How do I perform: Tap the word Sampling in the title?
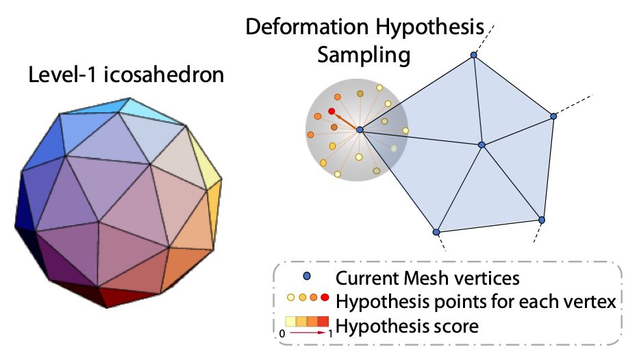coord(364,55)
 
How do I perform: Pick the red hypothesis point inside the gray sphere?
coord(332,111)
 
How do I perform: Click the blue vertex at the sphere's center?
coord(360,130)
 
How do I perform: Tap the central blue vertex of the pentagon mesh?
coord(482,145)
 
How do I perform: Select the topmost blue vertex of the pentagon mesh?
coord(473,55)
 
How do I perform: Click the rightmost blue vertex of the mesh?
coord(553,116)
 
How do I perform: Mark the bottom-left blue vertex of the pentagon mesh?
coord(436,232)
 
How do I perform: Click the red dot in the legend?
coord(325,298)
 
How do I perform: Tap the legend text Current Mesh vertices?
coord(427,279)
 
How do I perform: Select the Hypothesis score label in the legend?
coord(403,326)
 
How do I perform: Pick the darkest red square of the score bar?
coord(325,320)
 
